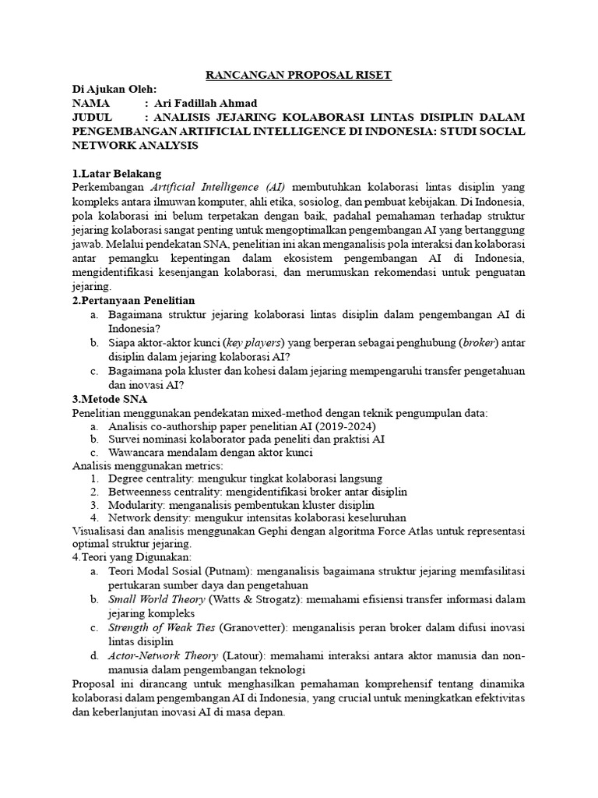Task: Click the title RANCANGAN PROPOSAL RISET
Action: (298, 75)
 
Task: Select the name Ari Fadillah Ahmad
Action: (206, 104)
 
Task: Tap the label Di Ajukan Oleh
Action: (114, 90)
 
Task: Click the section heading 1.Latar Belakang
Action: (116, 173)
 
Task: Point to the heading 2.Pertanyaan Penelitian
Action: (133, 300)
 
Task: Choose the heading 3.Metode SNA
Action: (110, 398)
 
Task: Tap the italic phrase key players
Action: (253, 342)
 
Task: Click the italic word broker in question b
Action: (480, 342)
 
